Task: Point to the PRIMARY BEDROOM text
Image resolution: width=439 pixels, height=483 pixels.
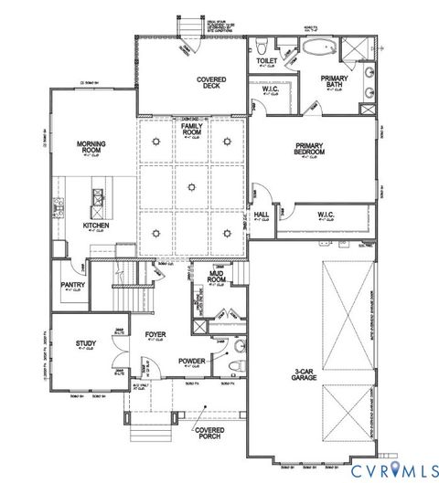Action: click(312, 151)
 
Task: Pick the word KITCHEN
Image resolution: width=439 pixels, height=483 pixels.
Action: click(96, 225)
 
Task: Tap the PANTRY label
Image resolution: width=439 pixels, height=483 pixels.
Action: click(70, 286)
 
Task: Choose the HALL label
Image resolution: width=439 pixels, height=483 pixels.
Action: click(262, 214)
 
